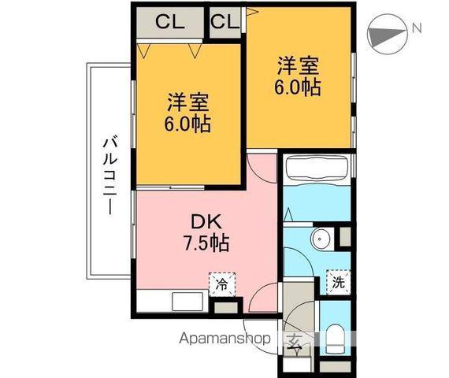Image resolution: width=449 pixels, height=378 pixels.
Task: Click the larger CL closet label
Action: coord(169,21)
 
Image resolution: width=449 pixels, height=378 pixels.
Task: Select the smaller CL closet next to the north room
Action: coord(224,21)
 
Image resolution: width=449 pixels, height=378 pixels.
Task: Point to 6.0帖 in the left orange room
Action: coord(187,124)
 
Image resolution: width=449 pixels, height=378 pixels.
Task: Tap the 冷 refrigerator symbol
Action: coord(221,283)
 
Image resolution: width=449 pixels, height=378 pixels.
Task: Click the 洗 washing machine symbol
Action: coord(336,281)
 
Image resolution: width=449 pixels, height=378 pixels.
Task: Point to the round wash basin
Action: coord(320,239)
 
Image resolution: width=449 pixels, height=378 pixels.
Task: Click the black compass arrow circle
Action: coord(386,33)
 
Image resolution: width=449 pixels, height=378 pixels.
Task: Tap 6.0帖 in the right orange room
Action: coord(298,87)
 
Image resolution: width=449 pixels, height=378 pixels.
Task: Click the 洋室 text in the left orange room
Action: coord(187,102)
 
